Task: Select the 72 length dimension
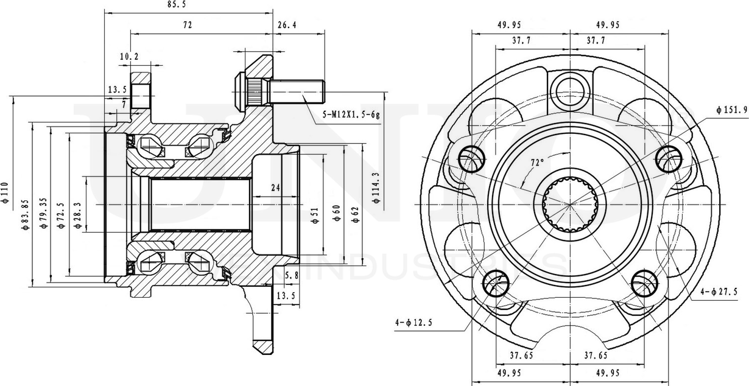(x=187, y=26)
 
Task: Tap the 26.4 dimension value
(x=287, y=26)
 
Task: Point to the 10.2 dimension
(x=129, y=57)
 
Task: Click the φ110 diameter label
(x=4, y=191)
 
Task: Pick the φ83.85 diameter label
(x=25, y=214)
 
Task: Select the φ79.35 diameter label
(x=43, y=213)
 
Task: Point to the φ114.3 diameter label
(x=375, y=186)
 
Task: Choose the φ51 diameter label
(x=315, y=214)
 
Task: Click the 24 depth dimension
(x=276, y=188)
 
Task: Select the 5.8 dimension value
(x=292, y=275)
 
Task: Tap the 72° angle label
(x=536, y=163)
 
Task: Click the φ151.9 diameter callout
(x=731, y=110)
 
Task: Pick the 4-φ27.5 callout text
(x=718, y=292)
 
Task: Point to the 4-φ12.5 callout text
(x=413, y=322)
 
